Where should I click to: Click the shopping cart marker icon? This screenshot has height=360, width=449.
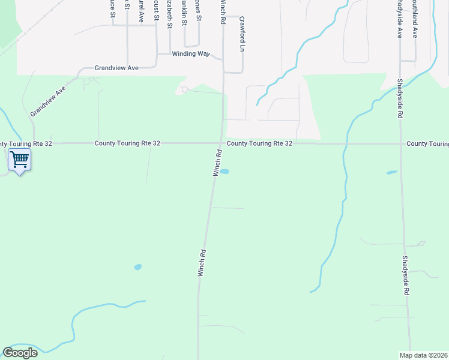pos(19,160)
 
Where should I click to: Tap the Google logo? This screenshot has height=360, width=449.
pos(20,353)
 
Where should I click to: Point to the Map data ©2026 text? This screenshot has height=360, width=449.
pos(424,355)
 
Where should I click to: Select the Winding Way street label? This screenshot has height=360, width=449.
pos(191,54)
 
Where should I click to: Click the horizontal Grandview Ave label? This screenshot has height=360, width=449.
pos(116,68)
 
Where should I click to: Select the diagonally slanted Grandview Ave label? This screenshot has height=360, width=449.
pos(47,101)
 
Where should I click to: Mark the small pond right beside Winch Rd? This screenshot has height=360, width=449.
pos(224,172)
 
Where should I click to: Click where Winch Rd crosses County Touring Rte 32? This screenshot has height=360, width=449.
pos(221,143)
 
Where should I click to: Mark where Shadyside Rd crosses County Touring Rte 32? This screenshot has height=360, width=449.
pos(402,143)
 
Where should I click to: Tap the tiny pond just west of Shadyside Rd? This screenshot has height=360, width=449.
pos(392,173)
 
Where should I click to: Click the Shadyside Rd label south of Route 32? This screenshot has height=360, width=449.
pos(406,274)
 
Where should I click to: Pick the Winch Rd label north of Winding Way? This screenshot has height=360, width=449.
pos(223,12)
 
